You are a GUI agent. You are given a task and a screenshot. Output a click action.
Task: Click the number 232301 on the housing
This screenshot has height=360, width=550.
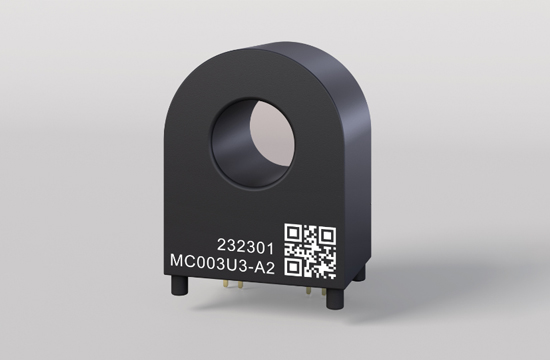coord(245,246)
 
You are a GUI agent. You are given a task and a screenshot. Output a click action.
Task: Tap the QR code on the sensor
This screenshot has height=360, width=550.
coord(310,251)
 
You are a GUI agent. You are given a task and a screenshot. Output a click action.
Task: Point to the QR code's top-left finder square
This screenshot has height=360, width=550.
coord(293,233)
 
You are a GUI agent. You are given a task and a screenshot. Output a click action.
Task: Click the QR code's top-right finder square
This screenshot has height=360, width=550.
coord(327,235)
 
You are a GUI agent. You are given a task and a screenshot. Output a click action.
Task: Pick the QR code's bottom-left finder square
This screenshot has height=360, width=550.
coord(293,268)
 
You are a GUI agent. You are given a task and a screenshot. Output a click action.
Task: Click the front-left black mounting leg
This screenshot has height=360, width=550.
coord(179,285)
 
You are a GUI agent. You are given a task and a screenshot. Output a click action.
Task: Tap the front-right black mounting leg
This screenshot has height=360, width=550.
coord(335,298)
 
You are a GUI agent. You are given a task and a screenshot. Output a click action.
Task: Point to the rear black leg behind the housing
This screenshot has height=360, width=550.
coord(359,273)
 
